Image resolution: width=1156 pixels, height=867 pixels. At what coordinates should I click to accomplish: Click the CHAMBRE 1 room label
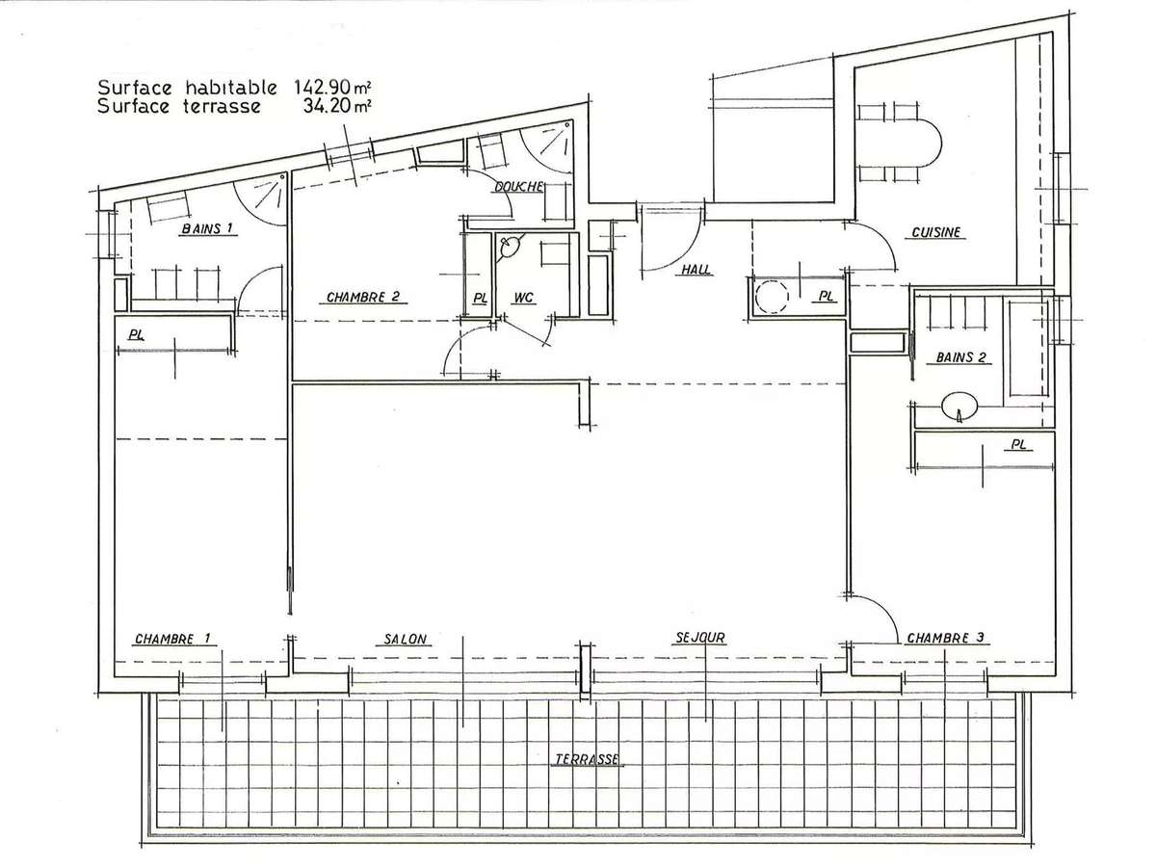tap(172, 639)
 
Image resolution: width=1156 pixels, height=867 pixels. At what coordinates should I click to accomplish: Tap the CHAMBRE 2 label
tap(363, 297)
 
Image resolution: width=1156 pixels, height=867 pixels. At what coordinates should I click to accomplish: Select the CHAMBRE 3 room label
tap(945, 638)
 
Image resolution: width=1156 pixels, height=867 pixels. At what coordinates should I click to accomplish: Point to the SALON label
tap(405, 639)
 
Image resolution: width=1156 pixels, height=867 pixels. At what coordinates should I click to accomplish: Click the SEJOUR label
tap(700, 638)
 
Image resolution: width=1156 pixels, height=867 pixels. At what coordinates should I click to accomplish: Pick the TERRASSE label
tap(588, 759)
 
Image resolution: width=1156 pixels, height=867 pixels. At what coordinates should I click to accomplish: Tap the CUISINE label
tap(935, 232)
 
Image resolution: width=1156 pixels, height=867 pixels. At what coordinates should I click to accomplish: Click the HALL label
tap(696, 270)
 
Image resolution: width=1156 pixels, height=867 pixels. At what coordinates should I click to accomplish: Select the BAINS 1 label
tap(207, 228)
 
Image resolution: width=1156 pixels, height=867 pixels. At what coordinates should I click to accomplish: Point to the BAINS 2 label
tap(960, 357)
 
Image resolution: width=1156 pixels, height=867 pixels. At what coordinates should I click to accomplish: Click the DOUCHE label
tap(518, 186)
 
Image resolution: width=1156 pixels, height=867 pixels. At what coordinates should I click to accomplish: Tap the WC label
tap(523, 298)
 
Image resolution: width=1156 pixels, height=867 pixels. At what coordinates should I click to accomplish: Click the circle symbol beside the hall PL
tap(772, 297)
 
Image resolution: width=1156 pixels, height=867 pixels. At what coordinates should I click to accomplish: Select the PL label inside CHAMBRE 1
tap(137, 334)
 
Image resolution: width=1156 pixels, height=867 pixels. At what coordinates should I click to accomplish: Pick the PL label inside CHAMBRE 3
tap(1018, 445)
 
